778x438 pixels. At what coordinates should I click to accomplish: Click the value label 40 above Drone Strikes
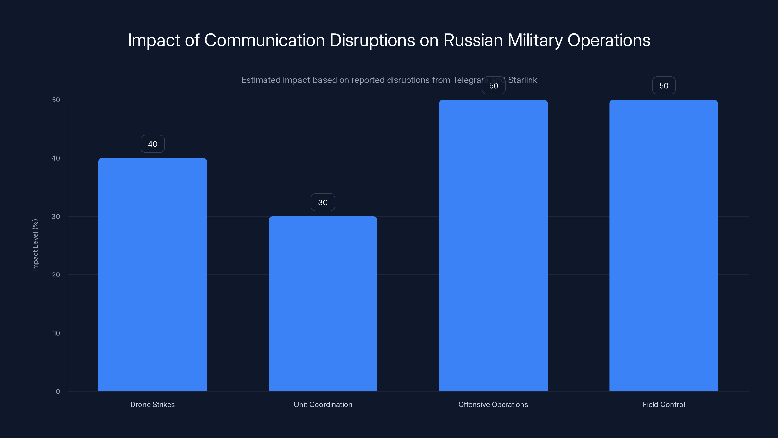coord(152,144)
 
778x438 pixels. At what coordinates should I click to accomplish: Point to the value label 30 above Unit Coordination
coord(323,202)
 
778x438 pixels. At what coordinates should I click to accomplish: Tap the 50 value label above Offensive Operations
coord(494,86)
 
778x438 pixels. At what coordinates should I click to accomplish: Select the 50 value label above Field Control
coord(663,86)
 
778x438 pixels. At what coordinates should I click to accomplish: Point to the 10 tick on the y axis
coord(56,333)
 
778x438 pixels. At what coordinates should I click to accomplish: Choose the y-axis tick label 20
coord(56,275)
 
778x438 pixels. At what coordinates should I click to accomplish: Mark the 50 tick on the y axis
coord(56,100)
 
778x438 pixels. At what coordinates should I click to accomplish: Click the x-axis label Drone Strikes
coord(152,404)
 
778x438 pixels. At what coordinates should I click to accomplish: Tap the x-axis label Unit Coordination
coord(323,404)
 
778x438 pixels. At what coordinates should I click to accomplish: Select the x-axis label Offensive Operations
coord(493,404)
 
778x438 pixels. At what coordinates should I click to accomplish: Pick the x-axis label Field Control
coord(663,404)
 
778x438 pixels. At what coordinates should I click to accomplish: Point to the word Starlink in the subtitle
coord(522,80)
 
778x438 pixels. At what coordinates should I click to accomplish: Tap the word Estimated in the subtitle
coord(261,80)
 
